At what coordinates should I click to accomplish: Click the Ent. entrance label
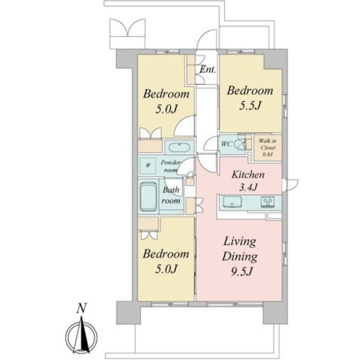208,69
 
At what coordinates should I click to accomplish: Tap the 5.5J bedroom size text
250,106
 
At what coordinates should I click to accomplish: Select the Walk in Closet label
268,147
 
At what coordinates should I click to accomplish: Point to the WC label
227,145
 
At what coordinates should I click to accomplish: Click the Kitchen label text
248,175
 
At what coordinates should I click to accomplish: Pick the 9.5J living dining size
241,272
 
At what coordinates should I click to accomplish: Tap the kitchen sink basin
232,202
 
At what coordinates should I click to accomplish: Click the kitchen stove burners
268,202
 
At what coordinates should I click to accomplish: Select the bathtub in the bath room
148,196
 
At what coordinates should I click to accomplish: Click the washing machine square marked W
148,165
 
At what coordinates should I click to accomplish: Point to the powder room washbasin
179,147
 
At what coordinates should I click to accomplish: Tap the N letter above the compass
82,308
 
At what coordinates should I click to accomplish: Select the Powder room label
170,166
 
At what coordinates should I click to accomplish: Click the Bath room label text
171,195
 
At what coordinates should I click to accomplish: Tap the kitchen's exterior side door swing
291,184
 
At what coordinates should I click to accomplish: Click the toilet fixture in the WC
240,145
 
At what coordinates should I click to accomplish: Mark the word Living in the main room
240,242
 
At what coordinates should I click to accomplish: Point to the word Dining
240,256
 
